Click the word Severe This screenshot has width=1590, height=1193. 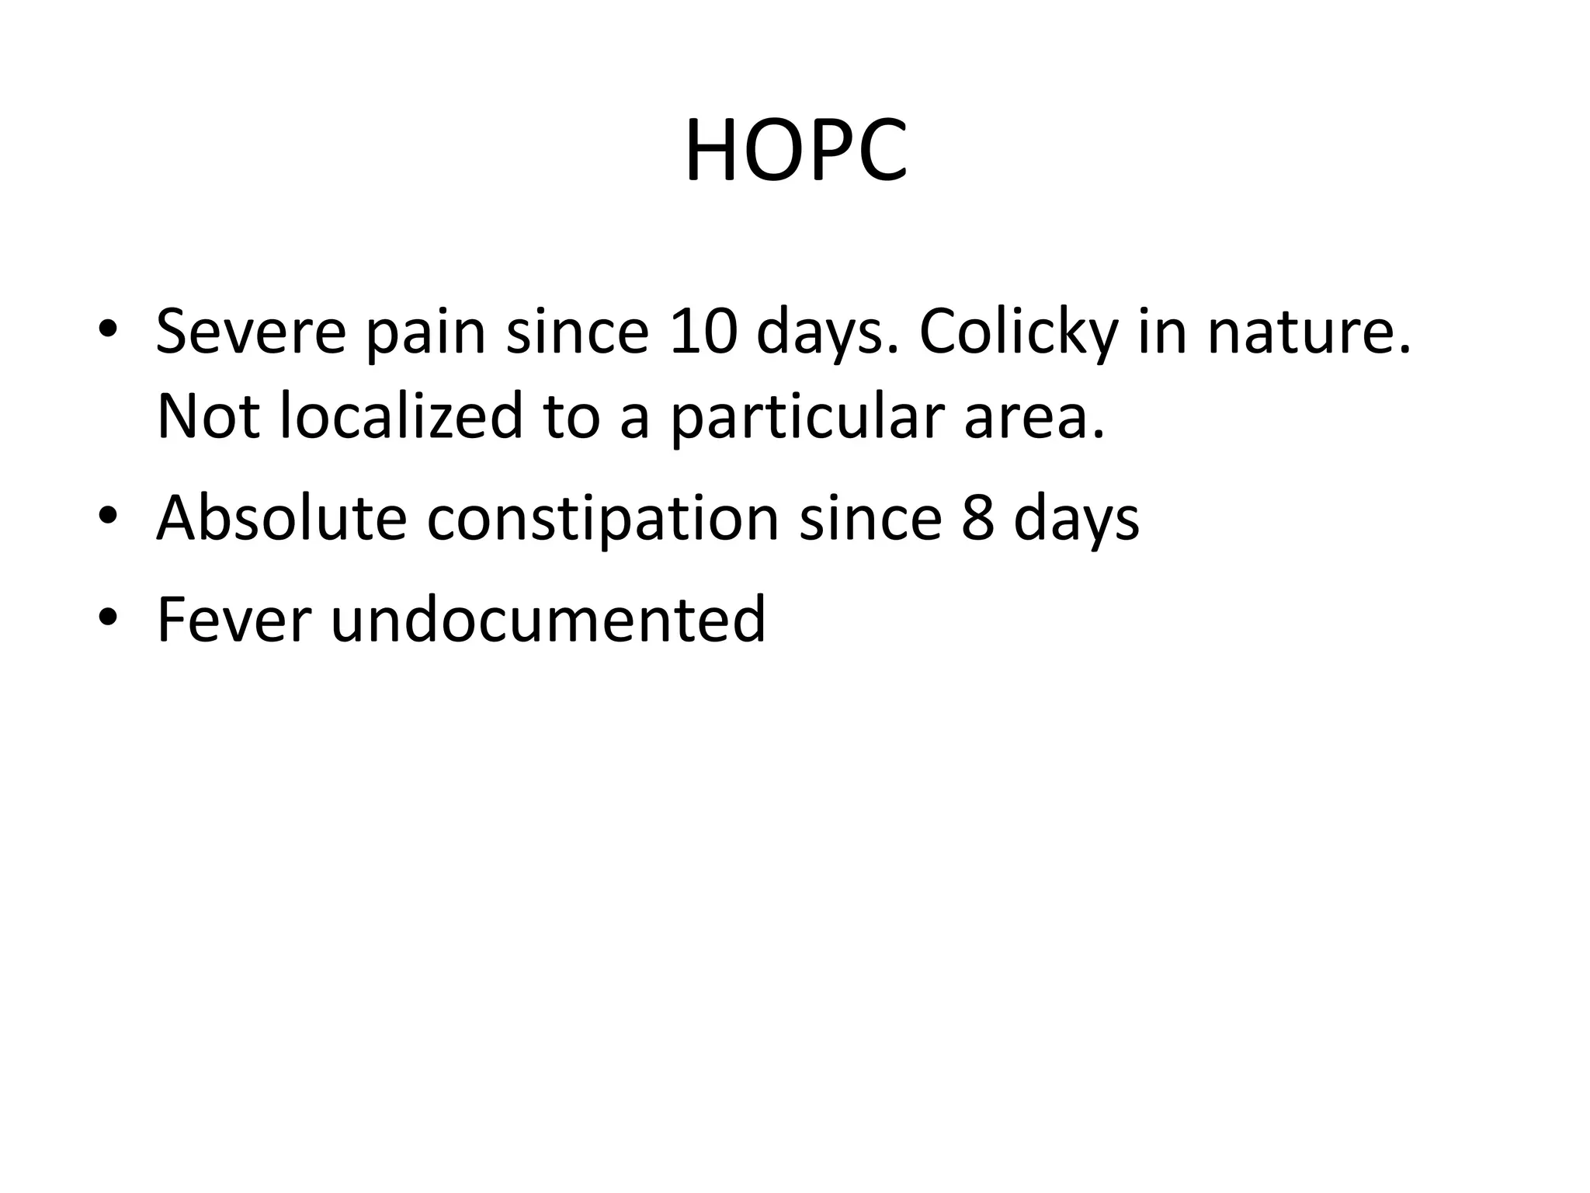coord(251,332)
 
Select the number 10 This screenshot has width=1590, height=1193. coord(703,332)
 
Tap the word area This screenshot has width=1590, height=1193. coord(1034,418)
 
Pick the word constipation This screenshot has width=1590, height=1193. coord(602,519)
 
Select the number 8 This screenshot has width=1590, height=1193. coord(977,518)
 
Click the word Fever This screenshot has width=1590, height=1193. coord(234,619)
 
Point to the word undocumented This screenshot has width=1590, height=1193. coord(548,619)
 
